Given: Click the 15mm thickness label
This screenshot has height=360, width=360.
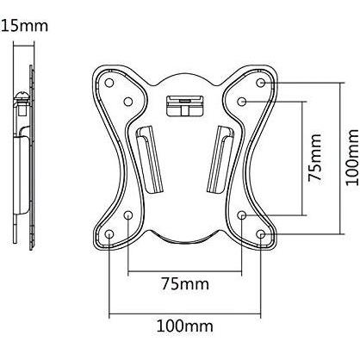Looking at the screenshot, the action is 24,26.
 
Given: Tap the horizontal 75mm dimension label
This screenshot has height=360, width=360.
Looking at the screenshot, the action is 185,283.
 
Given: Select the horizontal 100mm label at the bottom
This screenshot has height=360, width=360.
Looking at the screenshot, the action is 184,326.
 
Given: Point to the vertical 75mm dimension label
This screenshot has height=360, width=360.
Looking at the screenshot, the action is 314,158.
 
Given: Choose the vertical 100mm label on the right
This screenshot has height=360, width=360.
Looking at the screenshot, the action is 352,158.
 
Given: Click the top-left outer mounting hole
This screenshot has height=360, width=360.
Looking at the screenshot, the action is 109,83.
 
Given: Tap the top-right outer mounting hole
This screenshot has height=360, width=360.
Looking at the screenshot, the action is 261,83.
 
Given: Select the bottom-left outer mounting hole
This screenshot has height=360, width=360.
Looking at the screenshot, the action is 109,234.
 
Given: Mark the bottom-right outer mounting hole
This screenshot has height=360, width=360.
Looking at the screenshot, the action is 261,234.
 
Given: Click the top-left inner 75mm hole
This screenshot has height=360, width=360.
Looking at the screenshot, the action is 128,102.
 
